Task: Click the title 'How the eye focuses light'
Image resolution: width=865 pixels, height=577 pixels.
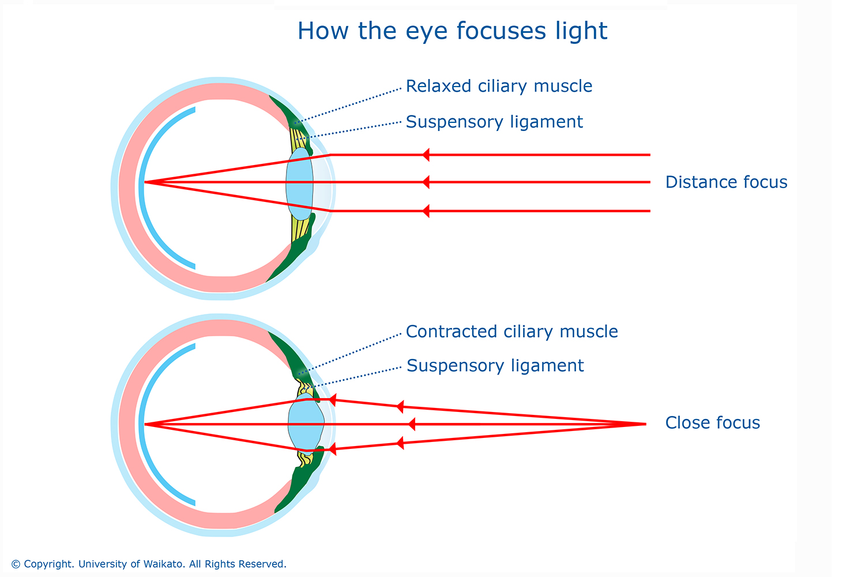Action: tap(452, 31)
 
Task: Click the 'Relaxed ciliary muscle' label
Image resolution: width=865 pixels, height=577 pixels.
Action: tap(499, 87)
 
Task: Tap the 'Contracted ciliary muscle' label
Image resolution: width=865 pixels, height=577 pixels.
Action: tap(512, 332)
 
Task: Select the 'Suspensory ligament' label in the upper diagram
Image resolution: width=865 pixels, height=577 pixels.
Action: tap(494, 122)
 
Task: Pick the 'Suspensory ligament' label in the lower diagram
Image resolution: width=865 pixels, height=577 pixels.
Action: tap(495, 366)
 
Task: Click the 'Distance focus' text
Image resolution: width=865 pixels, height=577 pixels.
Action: tap(726, 182)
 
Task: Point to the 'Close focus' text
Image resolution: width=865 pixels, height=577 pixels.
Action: tap(712, 423)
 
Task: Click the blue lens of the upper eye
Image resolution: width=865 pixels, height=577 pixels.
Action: tap(299, 182)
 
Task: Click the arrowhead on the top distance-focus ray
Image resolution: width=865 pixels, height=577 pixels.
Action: tap(426, 155)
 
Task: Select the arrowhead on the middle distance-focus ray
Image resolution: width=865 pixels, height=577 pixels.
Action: tap(426, 182)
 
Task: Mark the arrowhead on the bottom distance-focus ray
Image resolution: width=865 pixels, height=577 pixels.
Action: tap(426, 211)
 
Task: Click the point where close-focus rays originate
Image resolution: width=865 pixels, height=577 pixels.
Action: tap(644, 424)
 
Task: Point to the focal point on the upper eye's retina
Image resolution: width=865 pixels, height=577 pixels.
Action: tap(145, 182)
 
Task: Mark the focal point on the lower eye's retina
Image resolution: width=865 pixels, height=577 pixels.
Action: tap(145, 424)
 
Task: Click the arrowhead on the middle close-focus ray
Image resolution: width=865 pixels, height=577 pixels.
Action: tap(411, 424)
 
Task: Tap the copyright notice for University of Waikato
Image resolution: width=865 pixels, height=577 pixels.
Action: tap(149, 564)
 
